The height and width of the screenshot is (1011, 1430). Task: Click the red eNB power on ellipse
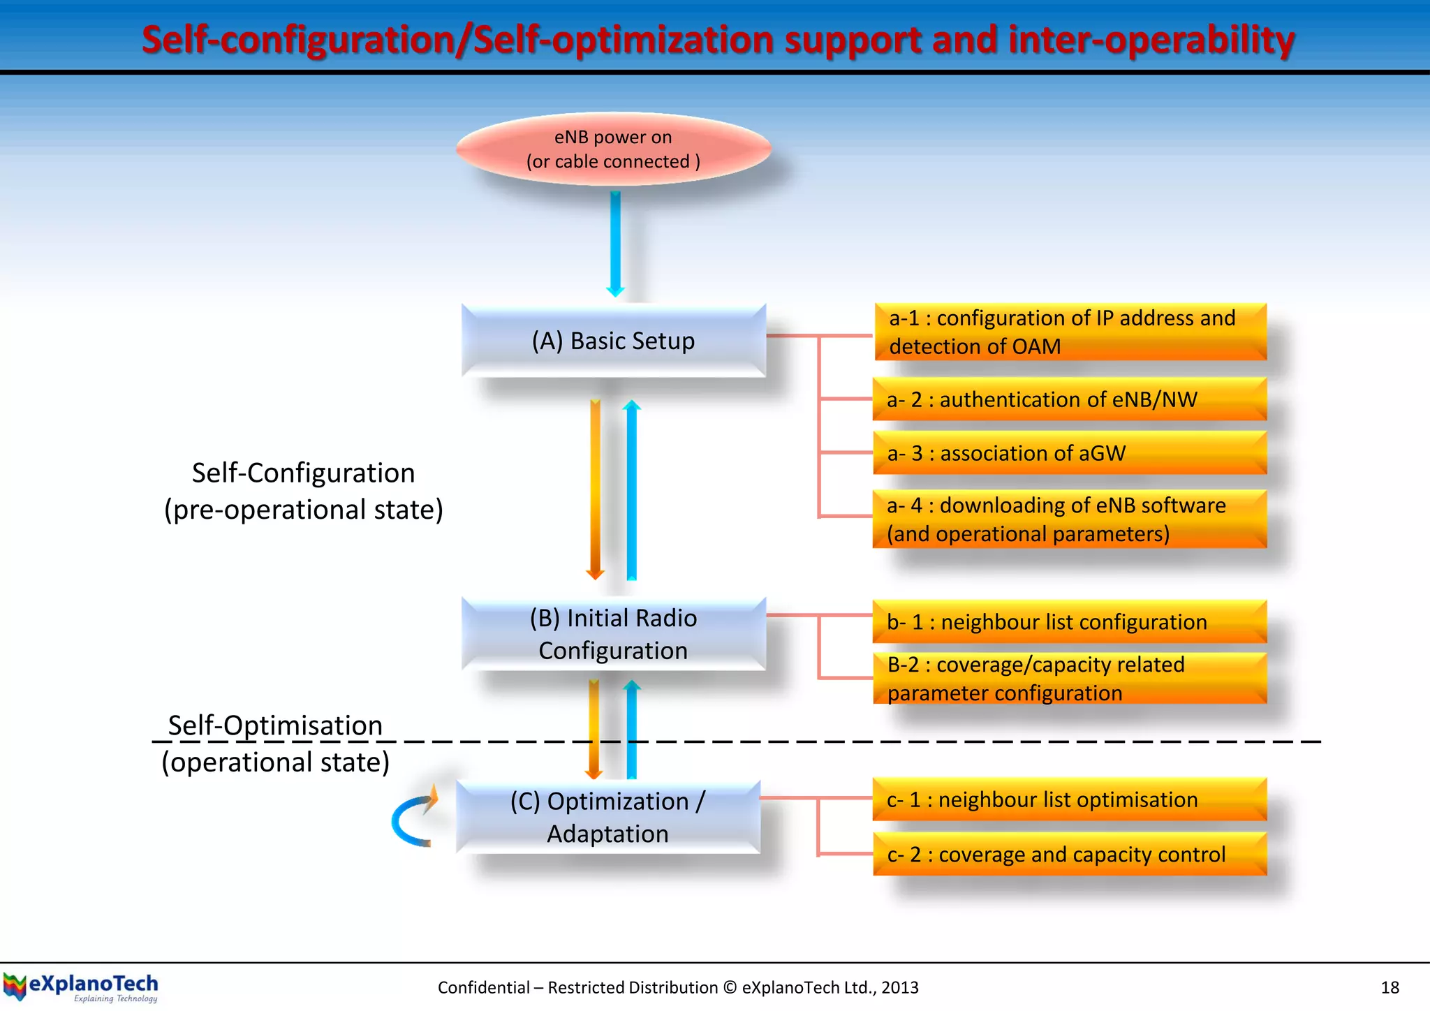tap(613, 149)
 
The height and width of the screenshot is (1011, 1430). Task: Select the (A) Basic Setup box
tap(613, 341)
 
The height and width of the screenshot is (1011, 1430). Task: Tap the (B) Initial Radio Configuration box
tap(613, 634)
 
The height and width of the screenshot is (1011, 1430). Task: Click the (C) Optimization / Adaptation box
tap(607, 817)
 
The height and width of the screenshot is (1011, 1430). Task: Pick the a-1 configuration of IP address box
tap(1070, 332)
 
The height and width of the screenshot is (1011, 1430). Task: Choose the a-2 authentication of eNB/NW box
tap(1070, 399)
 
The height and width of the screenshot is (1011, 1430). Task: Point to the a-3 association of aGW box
tap(1070, 453)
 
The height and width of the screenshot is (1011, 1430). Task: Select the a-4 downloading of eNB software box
tap(1070, 519)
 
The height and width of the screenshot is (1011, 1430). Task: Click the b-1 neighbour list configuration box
tap(1070, 621)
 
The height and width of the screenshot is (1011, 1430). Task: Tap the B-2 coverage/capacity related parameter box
tap(1070, 678)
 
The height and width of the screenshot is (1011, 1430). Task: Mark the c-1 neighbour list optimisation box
tap(1070, 799)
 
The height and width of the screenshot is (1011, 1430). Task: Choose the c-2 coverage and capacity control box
tap(1070, 854)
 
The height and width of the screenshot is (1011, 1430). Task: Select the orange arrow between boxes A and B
tap(595, 489)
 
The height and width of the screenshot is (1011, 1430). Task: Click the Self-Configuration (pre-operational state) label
tap(304, 491)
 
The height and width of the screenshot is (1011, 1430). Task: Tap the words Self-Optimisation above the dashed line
tap(275, 725)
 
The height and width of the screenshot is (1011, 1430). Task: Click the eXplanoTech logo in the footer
tap(81, 987)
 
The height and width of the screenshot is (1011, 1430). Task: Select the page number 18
tap(1390, 987)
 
